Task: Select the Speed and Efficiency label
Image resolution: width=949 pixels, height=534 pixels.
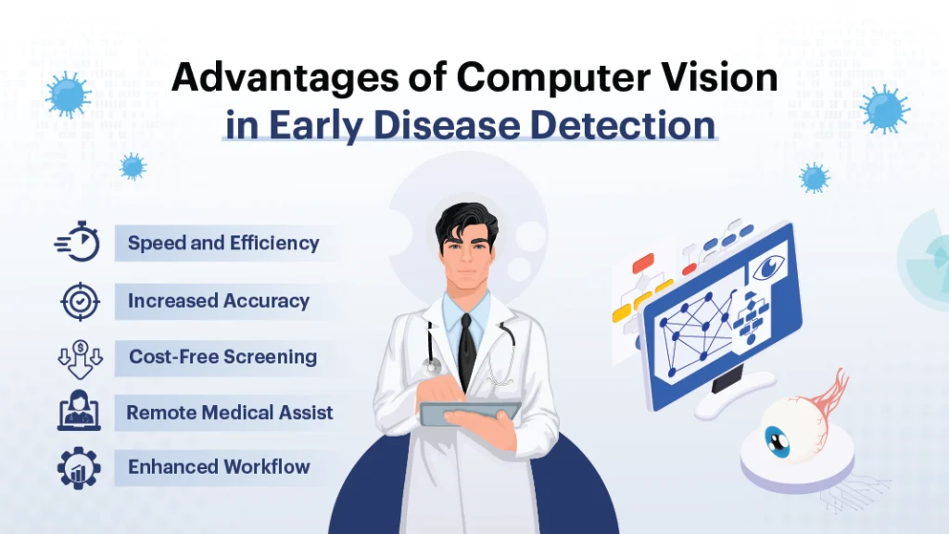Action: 223,244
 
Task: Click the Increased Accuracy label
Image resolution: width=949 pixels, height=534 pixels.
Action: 219,300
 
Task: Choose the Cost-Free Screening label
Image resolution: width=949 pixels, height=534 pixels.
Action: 222,357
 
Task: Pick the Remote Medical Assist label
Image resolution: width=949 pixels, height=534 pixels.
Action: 229,413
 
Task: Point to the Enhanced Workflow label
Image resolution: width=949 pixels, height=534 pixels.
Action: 219,467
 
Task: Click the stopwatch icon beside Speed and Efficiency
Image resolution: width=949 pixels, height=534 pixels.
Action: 79,245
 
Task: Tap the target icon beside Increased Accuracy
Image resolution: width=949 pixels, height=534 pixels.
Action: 79,301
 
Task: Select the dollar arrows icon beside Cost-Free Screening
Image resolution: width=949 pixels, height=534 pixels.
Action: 79,358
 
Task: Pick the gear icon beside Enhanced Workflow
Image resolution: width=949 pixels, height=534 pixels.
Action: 79,468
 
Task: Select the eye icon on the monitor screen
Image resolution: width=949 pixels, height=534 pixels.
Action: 767,267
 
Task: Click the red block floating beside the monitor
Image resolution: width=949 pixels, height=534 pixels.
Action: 642,263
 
